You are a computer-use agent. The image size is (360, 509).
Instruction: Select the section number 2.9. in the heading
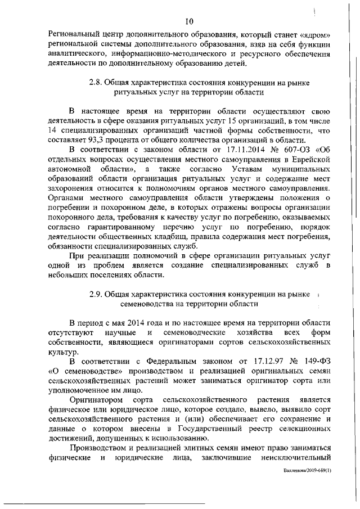click(x=97, y=294)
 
